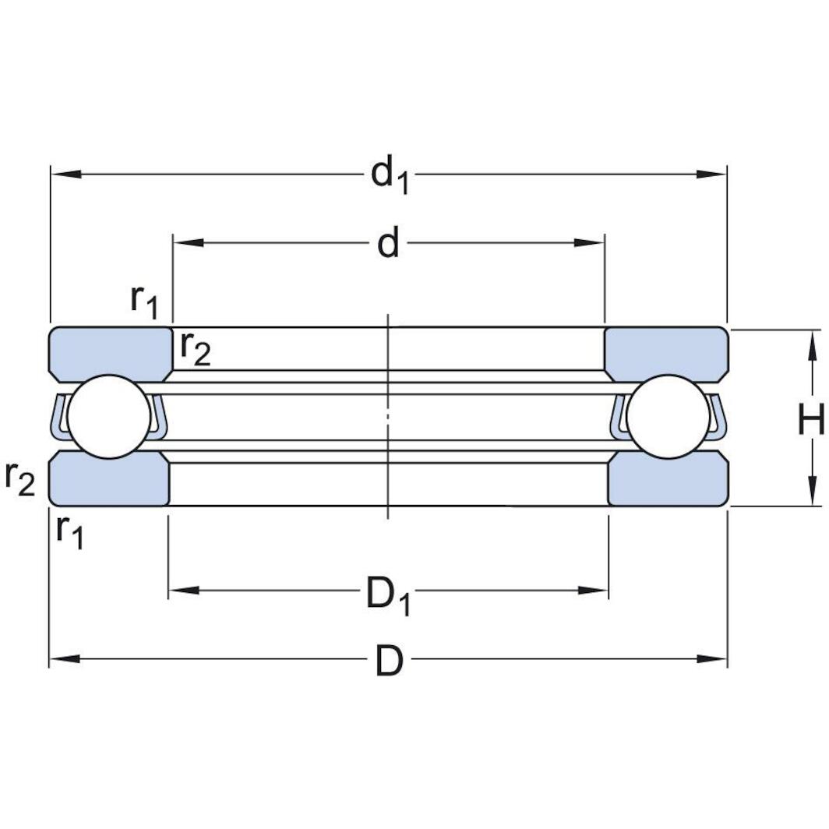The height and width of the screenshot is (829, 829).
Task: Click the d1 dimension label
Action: (390, 175)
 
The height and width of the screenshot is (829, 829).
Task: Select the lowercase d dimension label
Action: (388, 244)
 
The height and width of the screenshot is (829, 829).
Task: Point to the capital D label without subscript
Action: (390, 661)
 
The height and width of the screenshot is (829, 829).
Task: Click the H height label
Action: (810, 421)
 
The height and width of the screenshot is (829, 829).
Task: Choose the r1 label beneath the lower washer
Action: (69, 531)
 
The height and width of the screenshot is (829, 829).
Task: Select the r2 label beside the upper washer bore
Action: (195, 347)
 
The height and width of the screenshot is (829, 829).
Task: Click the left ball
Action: (108, 417)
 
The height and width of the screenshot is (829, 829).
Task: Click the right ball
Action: (668, 417)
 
